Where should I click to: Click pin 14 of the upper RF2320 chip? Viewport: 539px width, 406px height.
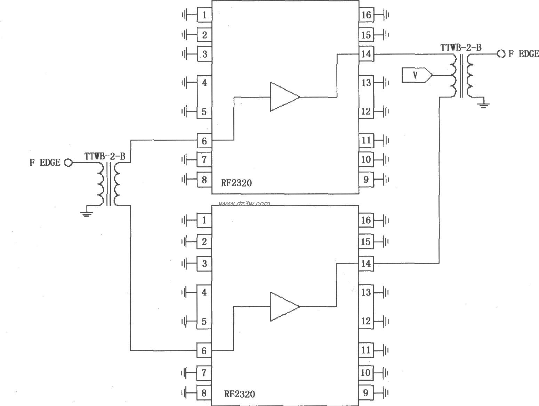click(366, 54)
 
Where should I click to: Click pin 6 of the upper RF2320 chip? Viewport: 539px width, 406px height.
click(204, 141)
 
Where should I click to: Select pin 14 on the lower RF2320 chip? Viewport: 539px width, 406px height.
click(366, 264)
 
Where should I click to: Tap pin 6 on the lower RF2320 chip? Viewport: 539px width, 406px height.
click(204, 351)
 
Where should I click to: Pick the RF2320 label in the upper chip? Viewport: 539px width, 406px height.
click(236, 183)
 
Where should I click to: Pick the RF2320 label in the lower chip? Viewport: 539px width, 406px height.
click(239, 394)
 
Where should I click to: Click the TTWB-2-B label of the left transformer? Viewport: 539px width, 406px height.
click(105, 156)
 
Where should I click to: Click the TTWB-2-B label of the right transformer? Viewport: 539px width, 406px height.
click(461, 48)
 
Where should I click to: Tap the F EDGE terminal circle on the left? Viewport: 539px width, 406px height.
click(69, 163)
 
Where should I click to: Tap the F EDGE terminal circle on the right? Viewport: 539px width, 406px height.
click(501, 54)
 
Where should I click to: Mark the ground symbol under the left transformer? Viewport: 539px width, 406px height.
click(87, 213)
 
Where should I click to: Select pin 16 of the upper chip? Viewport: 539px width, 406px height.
click(366, 15)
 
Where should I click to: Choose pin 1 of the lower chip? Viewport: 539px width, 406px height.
click(204, 220)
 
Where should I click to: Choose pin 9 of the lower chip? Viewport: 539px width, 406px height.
click(366, 393)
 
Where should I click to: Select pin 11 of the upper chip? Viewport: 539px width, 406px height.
click(366, 141)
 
